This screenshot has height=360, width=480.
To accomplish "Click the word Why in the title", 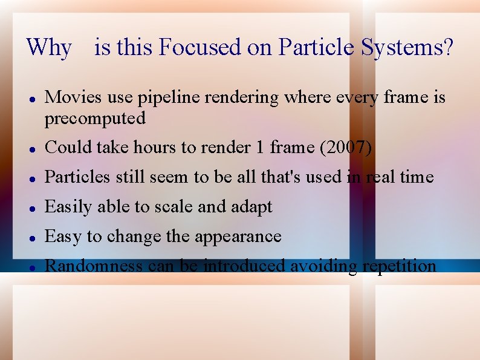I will click(x=49, y=47).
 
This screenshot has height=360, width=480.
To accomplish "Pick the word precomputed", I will click(x=95, y=119).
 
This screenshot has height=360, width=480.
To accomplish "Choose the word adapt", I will click(x=250, y=207).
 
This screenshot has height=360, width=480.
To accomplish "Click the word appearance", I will click(x=237, y=237).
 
